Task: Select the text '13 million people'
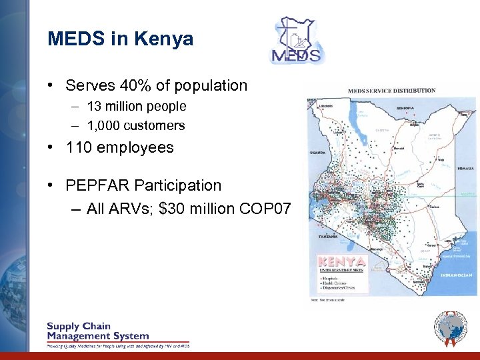[x=137, y=106]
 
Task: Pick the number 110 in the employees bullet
[x=79, y=147]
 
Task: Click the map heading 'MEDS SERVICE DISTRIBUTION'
[x=391, y=91]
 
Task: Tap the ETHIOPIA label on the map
[x=404, y=108]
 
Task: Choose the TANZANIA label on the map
[x=327, y=237]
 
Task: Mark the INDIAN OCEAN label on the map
[x=456, y=275]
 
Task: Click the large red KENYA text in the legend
[x=342, y=261]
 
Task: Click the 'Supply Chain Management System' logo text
[x=97, y=331]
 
